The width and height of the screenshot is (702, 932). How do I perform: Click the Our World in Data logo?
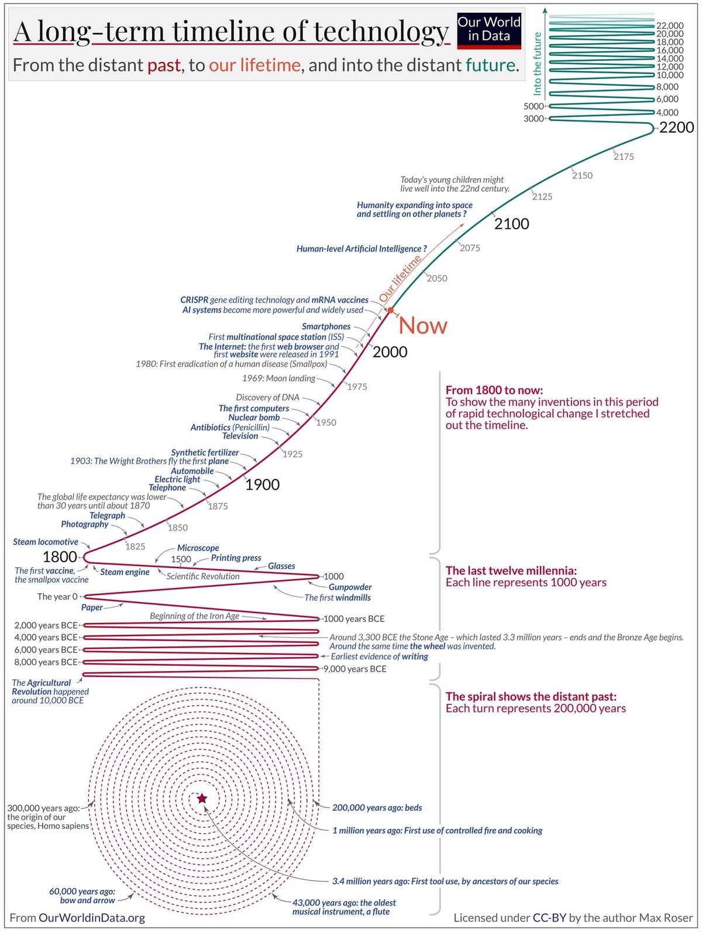pos(488,30)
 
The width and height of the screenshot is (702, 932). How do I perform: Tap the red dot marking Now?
pos(391,309)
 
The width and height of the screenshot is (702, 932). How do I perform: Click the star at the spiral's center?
pos(202,799)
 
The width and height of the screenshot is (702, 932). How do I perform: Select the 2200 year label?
pos(676,128)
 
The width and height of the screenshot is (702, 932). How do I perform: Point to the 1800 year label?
pos(60,557)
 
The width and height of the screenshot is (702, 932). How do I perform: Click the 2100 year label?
pos(511,224)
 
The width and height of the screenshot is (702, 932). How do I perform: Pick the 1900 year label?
pos(262,484)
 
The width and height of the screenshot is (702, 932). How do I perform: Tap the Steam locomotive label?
pos(46,542)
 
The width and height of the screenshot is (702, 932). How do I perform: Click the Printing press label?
pos(236,558)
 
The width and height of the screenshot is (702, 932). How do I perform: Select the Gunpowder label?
pos(350,587)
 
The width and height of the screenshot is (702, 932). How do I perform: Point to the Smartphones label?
pos(326,326)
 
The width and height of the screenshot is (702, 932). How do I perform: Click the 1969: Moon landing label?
pos(278,379)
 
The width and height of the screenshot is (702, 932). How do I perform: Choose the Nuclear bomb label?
pos(254,417)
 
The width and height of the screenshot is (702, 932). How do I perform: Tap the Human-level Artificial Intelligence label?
pos(362,249)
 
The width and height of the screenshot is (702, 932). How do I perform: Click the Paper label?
pos(92,607)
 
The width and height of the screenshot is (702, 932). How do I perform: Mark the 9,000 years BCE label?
pos(355,669)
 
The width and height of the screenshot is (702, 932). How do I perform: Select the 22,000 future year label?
pos(670,26)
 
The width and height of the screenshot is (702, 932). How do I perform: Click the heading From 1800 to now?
pos(494,390)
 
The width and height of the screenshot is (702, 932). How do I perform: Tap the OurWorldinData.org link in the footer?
pos(92,917)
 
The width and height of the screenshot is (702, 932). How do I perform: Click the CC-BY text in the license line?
pos(549,917)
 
